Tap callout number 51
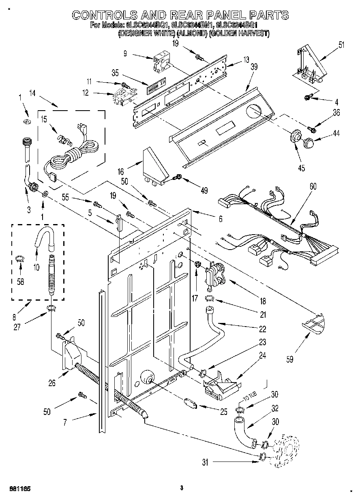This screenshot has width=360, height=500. coord(341,45)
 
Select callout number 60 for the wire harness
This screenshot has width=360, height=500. coord(313,186)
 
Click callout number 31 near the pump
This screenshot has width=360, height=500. coord(206,462)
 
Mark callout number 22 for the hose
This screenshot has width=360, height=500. coord(263,329)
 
